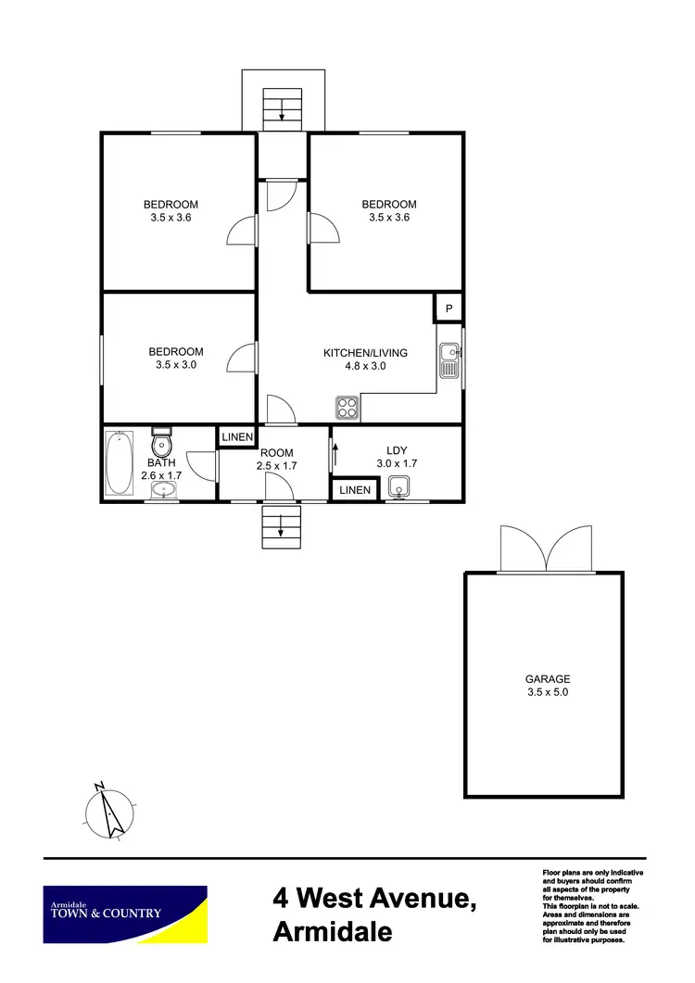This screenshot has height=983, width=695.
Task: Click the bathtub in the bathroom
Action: click(119, 463)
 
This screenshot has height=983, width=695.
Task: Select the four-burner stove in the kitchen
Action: click(347, 408)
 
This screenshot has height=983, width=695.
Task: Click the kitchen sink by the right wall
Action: click(449, 361)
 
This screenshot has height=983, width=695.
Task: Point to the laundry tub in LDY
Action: click(400, 486)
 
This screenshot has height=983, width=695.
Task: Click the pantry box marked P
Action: click(449, 309)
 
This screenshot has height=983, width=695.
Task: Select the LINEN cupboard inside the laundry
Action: click(354, 489)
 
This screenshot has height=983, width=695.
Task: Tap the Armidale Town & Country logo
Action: click(125, 914)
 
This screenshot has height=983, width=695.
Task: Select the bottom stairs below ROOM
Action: click(282, 528)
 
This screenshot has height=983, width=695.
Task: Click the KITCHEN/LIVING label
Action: click(365, 353)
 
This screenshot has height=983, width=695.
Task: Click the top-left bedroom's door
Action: click(243, 230)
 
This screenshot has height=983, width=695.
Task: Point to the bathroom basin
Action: click(164, 489)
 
